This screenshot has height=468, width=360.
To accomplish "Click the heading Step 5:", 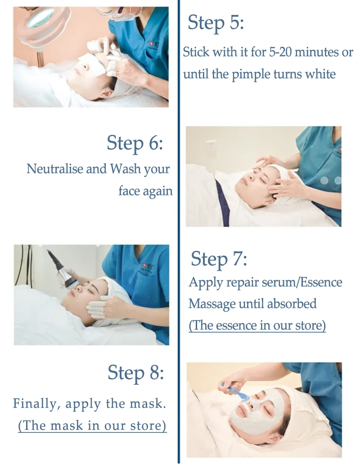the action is point(216,23).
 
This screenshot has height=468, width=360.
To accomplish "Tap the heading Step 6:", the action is point(135,143).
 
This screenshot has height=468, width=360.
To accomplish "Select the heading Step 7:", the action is point(219,259).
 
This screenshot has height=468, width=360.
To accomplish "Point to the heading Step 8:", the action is point(135,373).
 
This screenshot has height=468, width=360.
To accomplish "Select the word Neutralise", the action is point(55,169).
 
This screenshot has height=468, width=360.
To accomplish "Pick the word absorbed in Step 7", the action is point(292,303).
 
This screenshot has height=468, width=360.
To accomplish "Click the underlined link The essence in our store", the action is point(257,325).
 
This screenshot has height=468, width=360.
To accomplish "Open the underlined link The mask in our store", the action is point(92,425).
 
